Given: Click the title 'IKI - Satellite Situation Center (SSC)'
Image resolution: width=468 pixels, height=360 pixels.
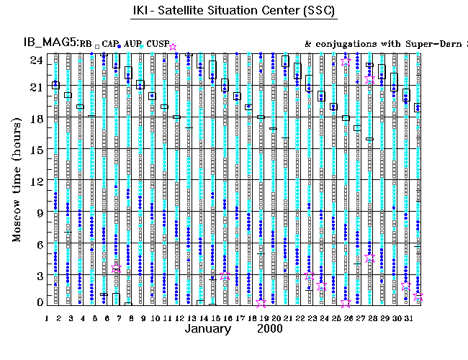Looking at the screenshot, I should [x=234, y=12].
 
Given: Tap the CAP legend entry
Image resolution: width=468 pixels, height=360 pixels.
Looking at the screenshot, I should [x=109, y=45].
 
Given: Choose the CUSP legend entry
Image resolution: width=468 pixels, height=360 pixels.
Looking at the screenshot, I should [x=157, y=45].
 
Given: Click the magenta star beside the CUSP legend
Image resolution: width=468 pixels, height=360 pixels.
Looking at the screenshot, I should [x=172, y=47].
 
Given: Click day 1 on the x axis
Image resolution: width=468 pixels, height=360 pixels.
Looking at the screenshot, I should [x=47, y=317].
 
